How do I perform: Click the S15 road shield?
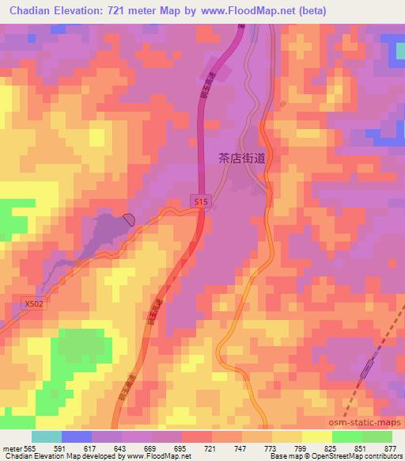(x=201, y=203)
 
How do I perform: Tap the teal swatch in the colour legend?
(x=47, y=436)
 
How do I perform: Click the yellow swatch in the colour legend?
(x=317, y=436)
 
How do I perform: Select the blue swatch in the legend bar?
(x=77, y=436)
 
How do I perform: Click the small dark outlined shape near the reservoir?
(x=130, y=219)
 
